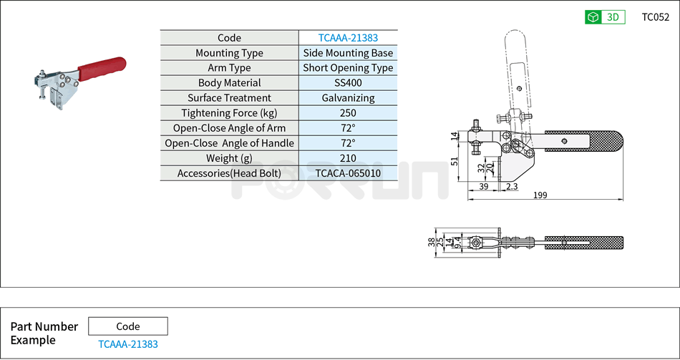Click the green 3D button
tap(605, 17)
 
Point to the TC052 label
tap(655, 17)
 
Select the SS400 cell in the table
tap(348, 83)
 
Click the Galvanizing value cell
tap(348, 98)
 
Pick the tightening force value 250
tap(348, 113)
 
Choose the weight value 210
tap(348, 158)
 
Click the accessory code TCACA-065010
tap(348, 173)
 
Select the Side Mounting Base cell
tap(348, 53)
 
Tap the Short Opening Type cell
tap(348, 68)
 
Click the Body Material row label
tap(229, 83)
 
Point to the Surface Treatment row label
tap(229, 98)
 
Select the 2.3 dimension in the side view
tap(511, 186)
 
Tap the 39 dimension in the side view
tap(483, 186)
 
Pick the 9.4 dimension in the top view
tap(458, 243)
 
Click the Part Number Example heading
tap(44, 334)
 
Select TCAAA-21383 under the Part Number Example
tap(127, 344)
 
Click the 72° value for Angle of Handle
tap(348, 143)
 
